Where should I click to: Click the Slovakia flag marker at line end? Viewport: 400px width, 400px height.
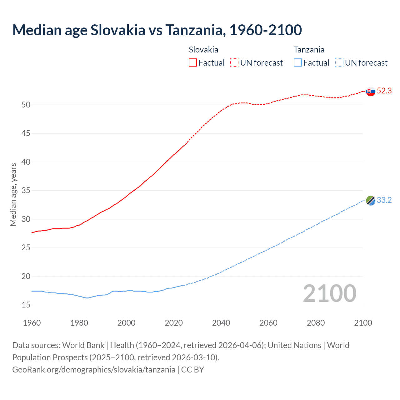tap(371, 92)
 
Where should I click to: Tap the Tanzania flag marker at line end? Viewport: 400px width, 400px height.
tap(371, 201)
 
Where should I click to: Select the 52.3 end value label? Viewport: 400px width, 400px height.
tap(384, 91)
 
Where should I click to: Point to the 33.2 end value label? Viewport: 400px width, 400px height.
tap(384, 200)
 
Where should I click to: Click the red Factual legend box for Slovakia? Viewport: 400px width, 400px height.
tap(193, 63)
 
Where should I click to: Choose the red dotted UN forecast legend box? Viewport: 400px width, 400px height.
tap(234, 63)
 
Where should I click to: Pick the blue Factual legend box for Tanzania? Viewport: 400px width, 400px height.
tap(298, 63)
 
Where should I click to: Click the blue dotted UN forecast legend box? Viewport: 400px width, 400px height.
tap(339, 63)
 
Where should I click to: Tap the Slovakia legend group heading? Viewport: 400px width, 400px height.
tap(203, 50)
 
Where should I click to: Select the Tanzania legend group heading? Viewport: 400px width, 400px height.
tap(309, 50)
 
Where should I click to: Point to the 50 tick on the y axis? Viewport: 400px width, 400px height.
tap(26, 105)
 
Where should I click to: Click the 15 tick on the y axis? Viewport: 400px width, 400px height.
tap(26, 305)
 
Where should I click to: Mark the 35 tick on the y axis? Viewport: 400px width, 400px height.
tap(26, 190)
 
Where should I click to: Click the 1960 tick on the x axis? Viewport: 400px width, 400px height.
tap(32, 323)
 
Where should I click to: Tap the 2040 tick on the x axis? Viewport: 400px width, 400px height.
tap(221, 323)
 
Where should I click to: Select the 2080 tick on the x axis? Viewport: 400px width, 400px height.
tap(316, 323)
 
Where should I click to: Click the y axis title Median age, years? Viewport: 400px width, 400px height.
tap(13, 194)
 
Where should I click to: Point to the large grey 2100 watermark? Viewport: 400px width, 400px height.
tap(329, 293)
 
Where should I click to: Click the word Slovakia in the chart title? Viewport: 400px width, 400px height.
tap(118, 30)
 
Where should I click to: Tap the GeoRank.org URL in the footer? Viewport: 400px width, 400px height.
tap(94, 370)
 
